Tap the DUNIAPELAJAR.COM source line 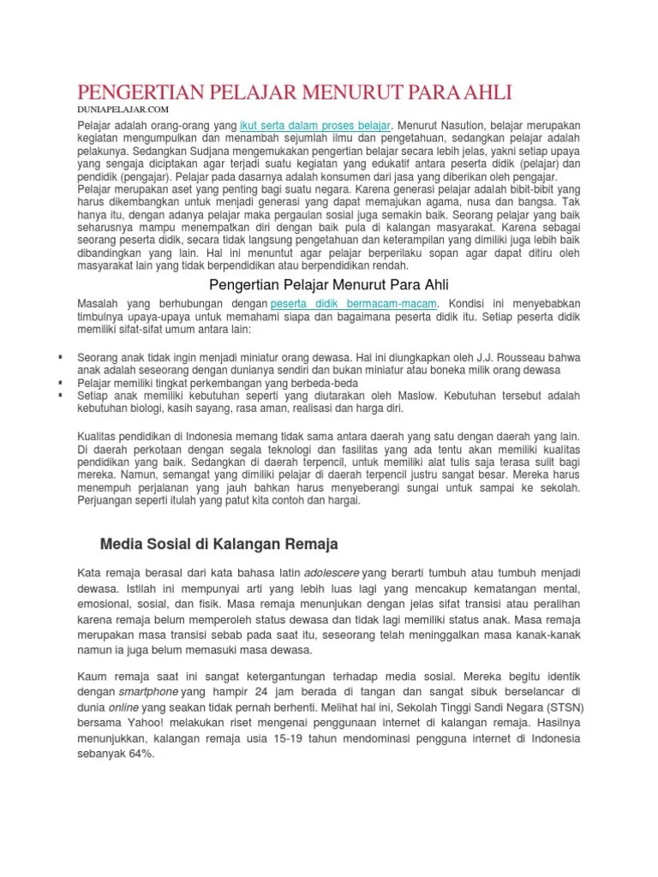[x=123, y=110]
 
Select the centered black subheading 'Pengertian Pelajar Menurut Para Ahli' [x=330, y=283]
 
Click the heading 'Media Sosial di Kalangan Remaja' [x=219, y=544]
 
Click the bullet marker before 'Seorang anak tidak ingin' [x=61, y=355]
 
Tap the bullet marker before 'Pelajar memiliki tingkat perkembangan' [x=61, y=383]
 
